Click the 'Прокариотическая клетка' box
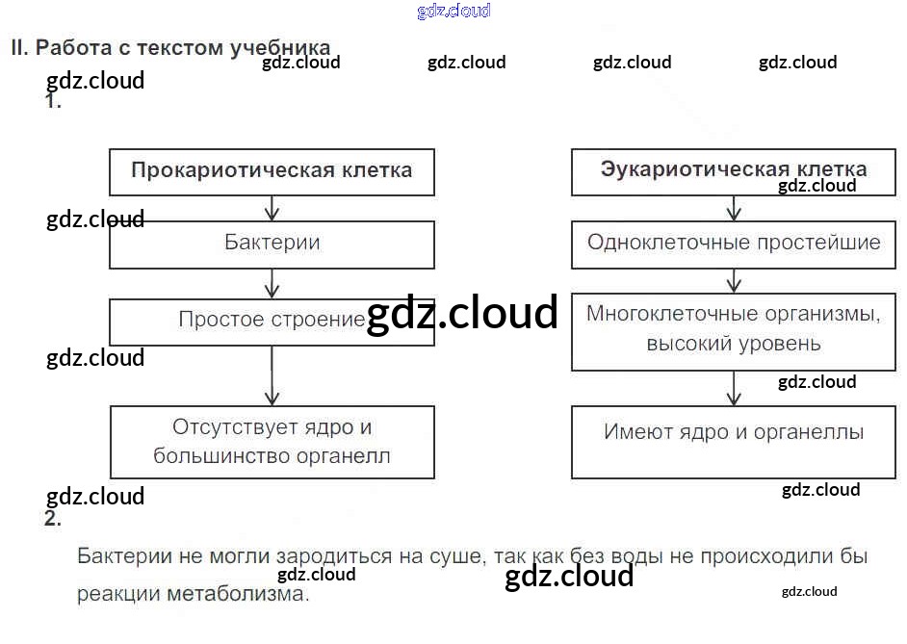point(272,171)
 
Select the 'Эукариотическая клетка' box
point(734,171)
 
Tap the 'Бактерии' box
point(272,245)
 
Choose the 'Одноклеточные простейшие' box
point(734,244)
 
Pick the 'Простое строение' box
point(272,322)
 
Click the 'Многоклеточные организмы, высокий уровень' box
point(734,330)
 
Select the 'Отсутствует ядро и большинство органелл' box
point(272,442)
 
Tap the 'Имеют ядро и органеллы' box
point(734,442)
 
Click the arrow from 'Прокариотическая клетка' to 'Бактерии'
point(272,208)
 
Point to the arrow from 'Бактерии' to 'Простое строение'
point(272,283)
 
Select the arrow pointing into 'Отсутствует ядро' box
point(272,375)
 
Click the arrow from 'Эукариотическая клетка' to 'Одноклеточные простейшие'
point(734,208)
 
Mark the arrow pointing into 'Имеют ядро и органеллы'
point(734,388)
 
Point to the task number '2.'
point(53,520)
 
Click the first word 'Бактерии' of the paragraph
point(126,557)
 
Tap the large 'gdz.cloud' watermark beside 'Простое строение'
point(462,313)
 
